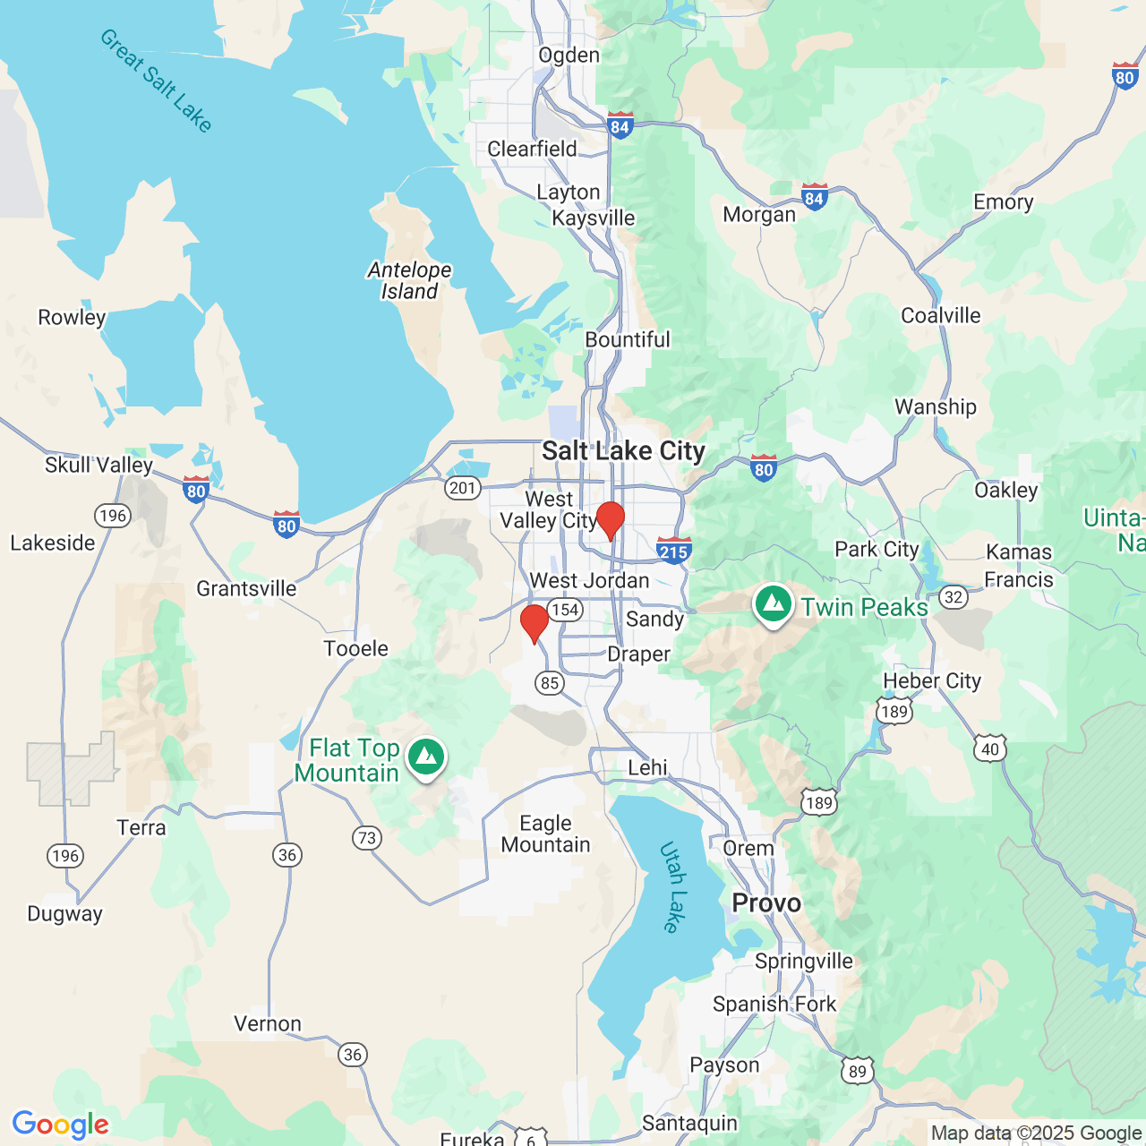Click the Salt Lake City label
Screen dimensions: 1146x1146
[x=623, y=451]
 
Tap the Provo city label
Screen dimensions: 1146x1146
[x=766, y=902]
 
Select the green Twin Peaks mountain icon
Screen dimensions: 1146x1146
[x=774, y=604]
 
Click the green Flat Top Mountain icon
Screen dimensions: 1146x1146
[x=426, y=757]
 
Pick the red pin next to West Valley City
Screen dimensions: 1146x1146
[x=611, y=519]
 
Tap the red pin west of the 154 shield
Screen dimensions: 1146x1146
[x=535, y=622]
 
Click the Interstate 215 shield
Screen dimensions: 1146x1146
[x=673, y=551]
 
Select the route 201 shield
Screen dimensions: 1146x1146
[x=463, y=488]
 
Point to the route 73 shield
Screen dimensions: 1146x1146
[x=366, y=838]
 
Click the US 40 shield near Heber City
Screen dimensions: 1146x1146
[x=989, y=749]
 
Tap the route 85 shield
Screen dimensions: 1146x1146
[x=550, y=683]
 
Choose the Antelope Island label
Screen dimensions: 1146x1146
[x=409, y=280]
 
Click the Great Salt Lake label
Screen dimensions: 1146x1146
[x=156, y=81]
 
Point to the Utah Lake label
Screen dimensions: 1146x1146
[x=673, y=886]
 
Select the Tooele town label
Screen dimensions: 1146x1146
[x=355, y=648]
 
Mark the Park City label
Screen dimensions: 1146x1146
[x=877, y=549]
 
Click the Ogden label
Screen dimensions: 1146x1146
[x=569, y=56]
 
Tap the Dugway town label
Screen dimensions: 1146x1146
[x=64, y=913]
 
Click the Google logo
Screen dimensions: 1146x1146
[x=60, y=1125]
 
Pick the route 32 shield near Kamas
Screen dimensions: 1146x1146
[x=954, y=597]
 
